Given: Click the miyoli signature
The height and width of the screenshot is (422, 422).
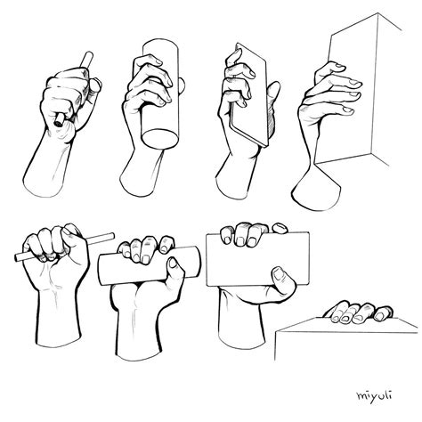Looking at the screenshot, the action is pos(374,395).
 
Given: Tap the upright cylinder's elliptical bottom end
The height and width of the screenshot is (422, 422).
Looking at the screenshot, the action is pos(160,139).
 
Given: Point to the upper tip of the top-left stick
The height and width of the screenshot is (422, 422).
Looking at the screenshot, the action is pos(89,54).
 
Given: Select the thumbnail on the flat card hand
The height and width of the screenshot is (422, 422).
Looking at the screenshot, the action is pos(278,274).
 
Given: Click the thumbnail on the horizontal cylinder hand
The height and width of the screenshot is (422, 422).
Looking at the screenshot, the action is pos(173,263).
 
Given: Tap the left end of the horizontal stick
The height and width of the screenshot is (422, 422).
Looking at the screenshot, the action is pos(17,257).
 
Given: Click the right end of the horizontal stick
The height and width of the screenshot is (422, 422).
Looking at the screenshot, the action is pos(111,236).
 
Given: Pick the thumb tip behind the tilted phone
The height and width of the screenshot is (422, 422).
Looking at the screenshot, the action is pos(275,86).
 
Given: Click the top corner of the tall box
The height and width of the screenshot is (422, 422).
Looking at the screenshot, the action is pos(377,13).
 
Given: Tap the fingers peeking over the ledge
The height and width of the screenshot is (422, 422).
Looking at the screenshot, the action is pos(359,312).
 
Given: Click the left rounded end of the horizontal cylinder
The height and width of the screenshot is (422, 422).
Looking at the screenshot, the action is pos(102,270).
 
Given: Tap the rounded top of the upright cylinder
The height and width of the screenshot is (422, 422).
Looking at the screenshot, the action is pos(160,45).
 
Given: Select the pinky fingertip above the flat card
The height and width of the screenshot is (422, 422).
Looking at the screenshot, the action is pos(280,228).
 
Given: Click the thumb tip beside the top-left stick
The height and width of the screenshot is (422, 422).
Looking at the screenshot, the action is pos(96,85).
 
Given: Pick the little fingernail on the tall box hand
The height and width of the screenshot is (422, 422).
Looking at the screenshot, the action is pos(348,110).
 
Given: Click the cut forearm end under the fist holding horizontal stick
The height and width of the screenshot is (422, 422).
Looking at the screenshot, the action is pos(59,341).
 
